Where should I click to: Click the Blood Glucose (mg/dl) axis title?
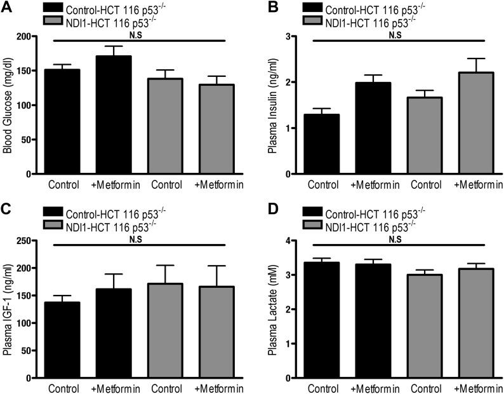click(8, 105)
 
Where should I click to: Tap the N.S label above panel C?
click(136, 240)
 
